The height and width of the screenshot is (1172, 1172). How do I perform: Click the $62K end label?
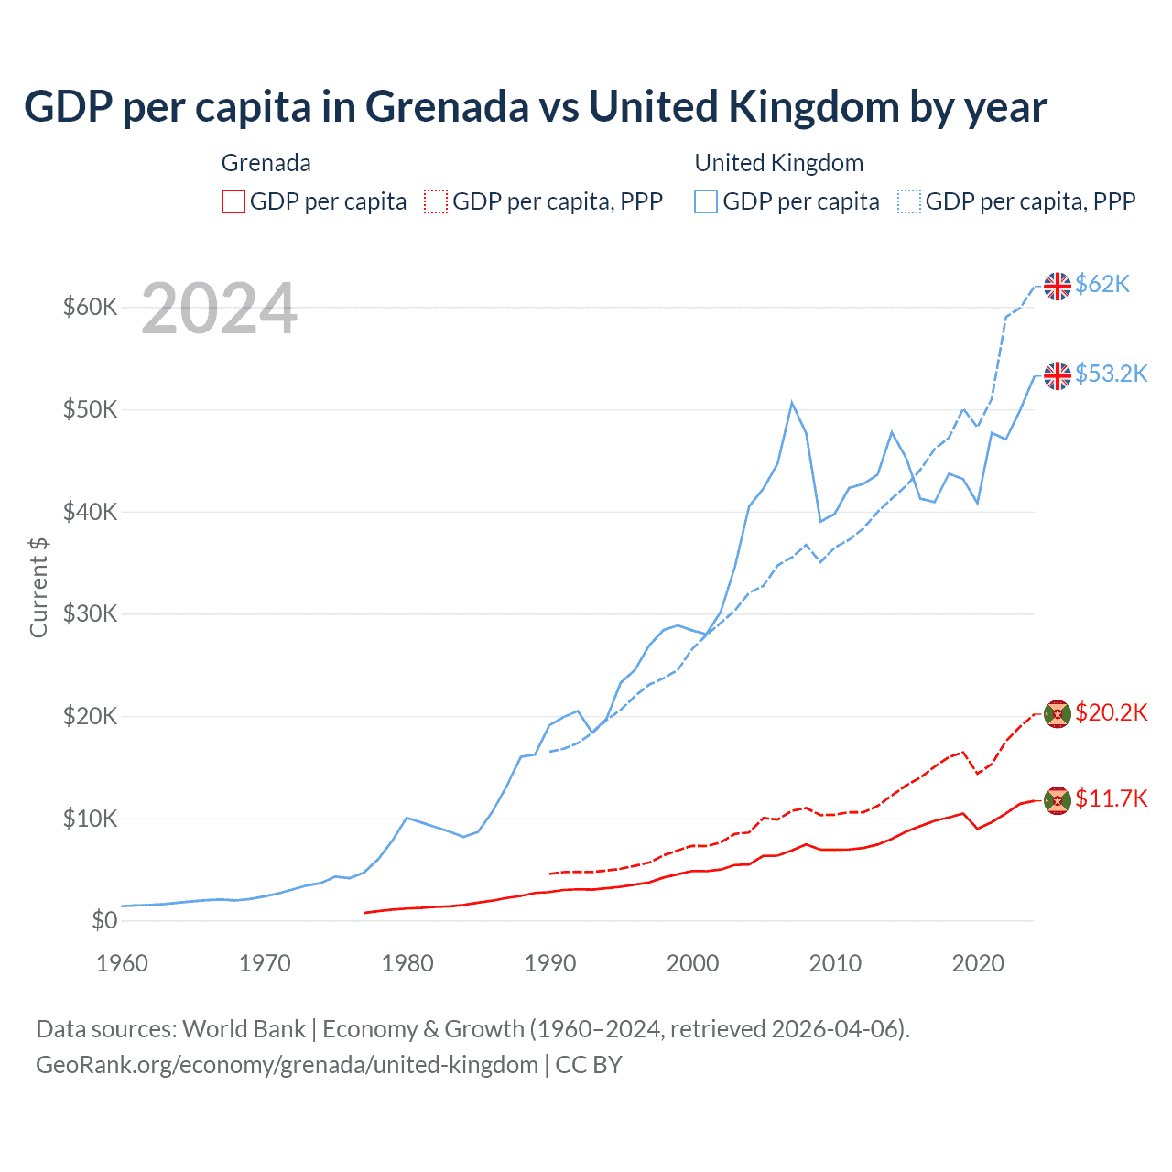1102,285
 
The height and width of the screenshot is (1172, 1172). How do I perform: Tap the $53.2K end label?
1111,374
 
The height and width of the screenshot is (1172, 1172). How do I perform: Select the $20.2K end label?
1111,713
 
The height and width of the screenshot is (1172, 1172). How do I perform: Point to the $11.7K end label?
1111,799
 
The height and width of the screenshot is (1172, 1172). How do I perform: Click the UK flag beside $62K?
1058,286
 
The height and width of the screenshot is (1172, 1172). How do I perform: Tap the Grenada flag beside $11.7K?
1058,800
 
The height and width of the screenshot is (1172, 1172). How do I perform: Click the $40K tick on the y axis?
90,512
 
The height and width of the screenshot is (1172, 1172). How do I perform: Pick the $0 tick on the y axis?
104,920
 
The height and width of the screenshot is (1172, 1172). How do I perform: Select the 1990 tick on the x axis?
550,963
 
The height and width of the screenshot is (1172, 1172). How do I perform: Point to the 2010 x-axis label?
836,963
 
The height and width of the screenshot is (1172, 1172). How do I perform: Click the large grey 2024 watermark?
220,309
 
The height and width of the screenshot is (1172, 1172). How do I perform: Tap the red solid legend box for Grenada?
233,201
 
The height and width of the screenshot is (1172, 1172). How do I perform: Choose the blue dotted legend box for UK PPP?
909,201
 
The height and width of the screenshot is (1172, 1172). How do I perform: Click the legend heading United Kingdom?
778,163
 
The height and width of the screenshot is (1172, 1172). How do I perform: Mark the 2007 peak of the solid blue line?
792,402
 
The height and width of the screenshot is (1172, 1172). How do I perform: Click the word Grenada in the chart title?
448,107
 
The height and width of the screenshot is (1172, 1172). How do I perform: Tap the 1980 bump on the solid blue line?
407,818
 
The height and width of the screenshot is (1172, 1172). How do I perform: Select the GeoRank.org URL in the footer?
287,1065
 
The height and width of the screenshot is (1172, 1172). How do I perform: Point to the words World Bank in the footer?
244,1029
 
